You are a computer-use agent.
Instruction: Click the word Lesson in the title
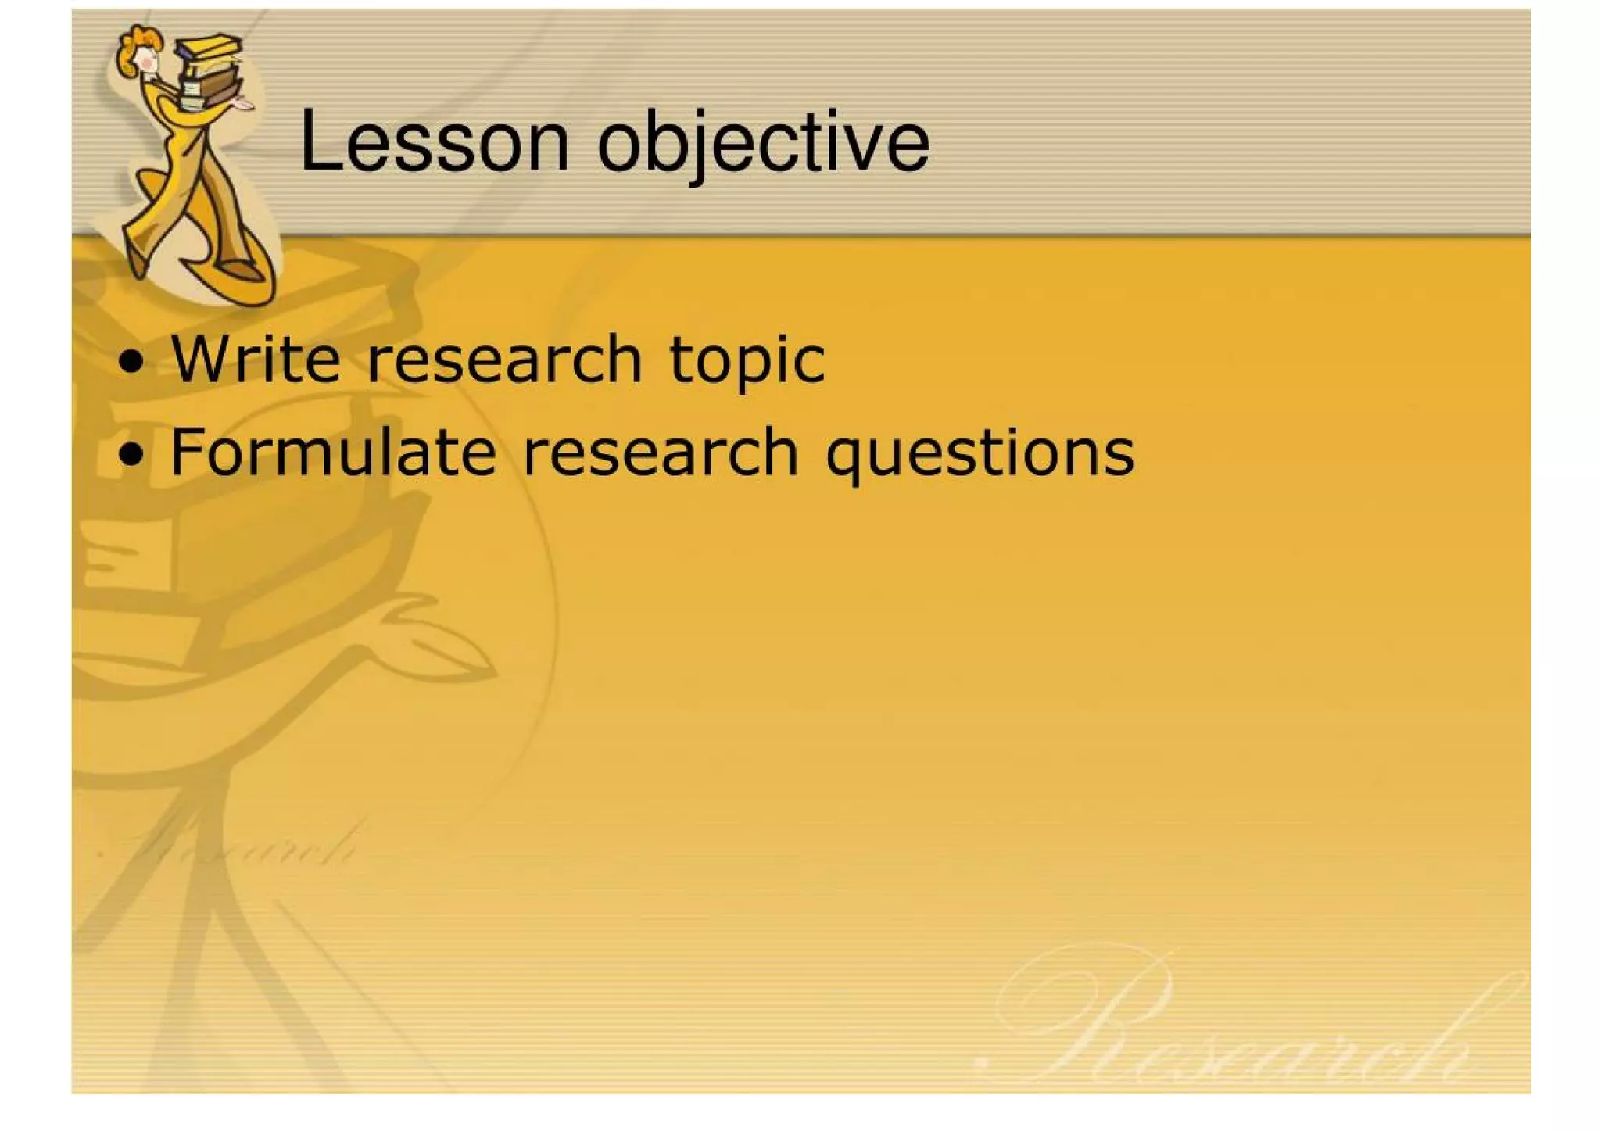point(434,142)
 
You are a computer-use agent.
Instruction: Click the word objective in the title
point(764,142)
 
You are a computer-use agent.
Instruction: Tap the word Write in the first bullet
point(256,360)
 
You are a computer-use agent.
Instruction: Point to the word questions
point(980,453)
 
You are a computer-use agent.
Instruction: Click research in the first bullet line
point(504,360)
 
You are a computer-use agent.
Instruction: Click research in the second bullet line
point(661,452)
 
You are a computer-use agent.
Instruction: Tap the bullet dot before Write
point(132,363)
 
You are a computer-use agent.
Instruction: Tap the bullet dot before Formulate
point(132,454)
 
